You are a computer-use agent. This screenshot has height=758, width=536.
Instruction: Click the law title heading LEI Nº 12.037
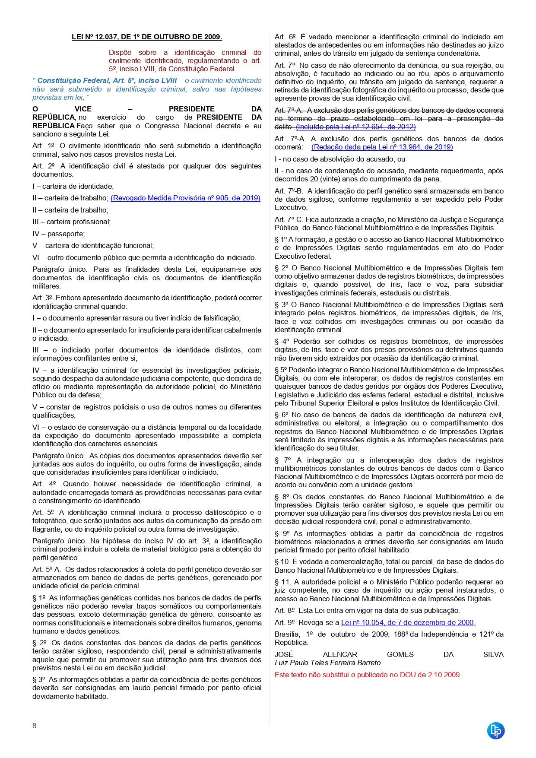(x=147, y=37)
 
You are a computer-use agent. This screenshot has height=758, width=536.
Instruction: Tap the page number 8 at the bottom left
(x=35, y=726)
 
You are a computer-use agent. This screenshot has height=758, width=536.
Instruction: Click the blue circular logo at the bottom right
(x=496, y=731)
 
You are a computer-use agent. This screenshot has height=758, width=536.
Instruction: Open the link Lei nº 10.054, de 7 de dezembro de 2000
(x=408, y=622)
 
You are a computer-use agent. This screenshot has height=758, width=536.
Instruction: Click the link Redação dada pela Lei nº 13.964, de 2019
(x=382, y=147)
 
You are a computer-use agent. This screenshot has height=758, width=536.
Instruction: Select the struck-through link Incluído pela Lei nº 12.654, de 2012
(x=355, y=127)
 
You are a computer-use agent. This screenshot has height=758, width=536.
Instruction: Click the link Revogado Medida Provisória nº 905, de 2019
(x=185, y=198)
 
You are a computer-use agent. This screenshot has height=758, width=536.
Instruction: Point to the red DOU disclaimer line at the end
(x=367, y=675)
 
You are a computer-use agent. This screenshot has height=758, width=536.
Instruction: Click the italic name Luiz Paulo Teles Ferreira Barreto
(x=327, y=663)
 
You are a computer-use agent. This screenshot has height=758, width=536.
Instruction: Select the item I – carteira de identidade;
(x=73, y=186)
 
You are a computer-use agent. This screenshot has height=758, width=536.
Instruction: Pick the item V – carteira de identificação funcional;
(x=93, y=245)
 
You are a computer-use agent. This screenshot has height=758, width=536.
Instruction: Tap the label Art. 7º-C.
(x=289, y=219)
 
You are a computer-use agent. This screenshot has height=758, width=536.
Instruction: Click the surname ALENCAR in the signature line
(x=340, y=654)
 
